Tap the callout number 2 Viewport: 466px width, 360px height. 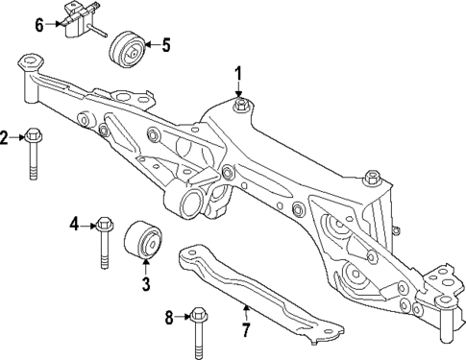click(x=5, y=137)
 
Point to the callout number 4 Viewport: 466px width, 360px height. click(x=73, y=226)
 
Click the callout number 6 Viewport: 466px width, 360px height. click(x=39, y=23)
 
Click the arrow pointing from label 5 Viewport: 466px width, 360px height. click(x=150, y=44)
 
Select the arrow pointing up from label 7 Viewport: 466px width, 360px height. click(x=245, y=312)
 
